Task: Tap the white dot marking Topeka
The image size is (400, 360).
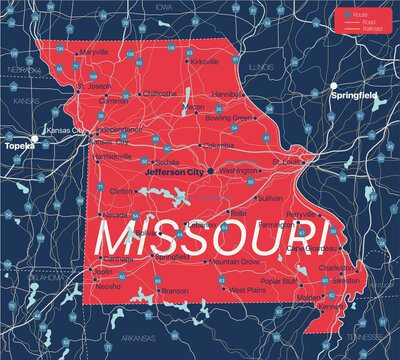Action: point(35,137)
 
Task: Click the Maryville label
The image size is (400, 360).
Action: point(94,51)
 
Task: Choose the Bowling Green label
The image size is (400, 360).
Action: point(229,118)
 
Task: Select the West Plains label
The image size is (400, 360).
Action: point(248,290)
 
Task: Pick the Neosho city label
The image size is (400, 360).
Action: point(108,286)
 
